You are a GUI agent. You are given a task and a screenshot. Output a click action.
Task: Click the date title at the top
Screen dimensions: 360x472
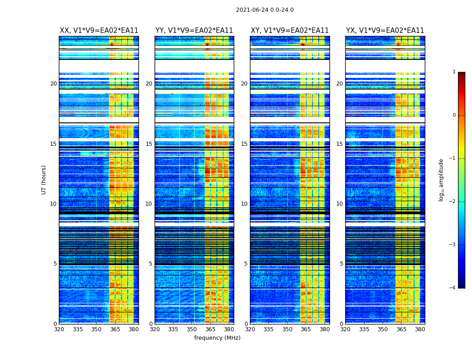(x=264, y=10)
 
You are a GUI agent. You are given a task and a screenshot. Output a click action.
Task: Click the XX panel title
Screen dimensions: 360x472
(x=99, y=31)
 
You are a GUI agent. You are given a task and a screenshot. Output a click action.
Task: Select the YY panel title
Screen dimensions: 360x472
(x=194, y=31)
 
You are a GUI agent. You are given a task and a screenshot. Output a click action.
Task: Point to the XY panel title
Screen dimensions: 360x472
(x=289, y=31)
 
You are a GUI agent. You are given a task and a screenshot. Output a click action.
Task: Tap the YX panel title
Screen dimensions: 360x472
(x=385, y=31)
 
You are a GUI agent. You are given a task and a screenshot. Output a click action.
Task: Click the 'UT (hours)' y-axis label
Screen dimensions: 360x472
(x=44, y=180)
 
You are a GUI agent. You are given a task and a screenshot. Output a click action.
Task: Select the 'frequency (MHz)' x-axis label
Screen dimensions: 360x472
(x=217, y=338)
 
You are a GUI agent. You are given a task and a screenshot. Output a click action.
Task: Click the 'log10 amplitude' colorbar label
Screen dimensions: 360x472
(x=441, y=180)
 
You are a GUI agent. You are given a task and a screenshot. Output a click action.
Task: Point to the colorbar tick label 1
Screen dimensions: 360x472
(x=454, y=72)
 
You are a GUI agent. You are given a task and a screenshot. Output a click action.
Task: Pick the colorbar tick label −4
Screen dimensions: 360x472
(x=453, y=288)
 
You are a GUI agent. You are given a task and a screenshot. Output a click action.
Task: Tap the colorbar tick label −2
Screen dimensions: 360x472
(x=453, y=202)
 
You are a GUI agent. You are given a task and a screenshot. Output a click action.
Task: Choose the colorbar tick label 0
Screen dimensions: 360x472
(x=454, y=115)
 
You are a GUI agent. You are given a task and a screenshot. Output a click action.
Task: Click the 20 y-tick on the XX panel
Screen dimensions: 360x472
(x=53, y=84)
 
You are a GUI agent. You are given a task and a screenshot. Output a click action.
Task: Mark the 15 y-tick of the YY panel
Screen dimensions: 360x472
(x=149, y=144)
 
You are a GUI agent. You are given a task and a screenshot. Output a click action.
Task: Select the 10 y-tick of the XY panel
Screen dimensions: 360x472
(x=244, y=204)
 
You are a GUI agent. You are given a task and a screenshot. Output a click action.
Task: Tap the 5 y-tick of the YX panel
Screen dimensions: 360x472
(x=341, y=264)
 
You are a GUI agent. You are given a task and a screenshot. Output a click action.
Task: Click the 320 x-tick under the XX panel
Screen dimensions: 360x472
(x=59, y=329)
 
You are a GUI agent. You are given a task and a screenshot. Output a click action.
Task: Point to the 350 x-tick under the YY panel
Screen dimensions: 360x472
(x=192, y=329)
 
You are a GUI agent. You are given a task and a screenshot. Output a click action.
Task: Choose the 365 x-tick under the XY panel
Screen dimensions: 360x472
(x=306, y=329)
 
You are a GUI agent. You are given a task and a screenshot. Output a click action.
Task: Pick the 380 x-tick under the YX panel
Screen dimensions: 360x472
(x=420, y=329)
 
